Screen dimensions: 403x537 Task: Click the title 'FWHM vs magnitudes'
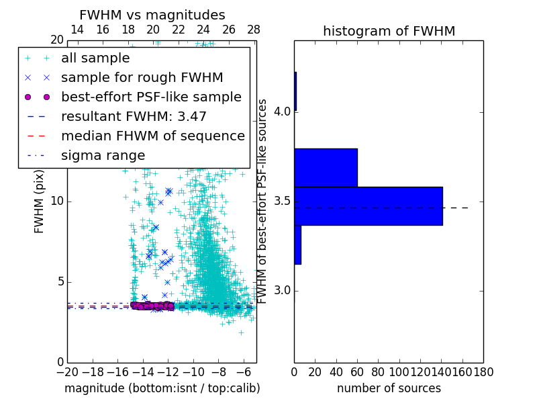(x=152, y=15)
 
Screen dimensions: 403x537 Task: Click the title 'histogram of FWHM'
(x=389, y=31)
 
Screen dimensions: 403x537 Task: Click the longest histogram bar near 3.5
(x=368, y=206)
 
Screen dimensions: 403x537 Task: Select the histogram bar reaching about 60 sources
(x=326, y=167)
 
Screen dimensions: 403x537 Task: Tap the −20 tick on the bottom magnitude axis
(x=67, y=371)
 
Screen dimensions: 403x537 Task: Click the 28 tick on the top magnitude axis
(x=254, y=30)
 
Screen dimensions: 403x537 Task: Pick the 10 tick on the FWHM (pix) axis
(x=57, y=201)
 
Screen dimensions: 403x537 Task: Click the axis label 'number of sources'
(x=389, y=388)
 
